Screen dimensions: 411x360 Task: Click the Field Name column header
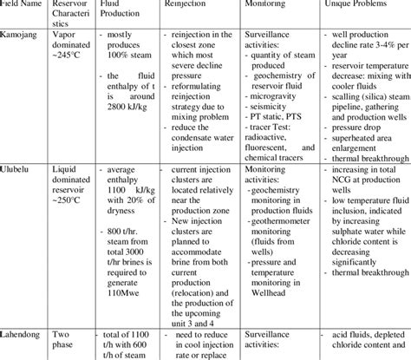(22, 5)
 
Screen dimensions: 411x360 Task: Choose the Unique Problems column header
(353, 5)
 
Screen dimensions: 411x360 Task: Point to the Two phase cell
(61, 337)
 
